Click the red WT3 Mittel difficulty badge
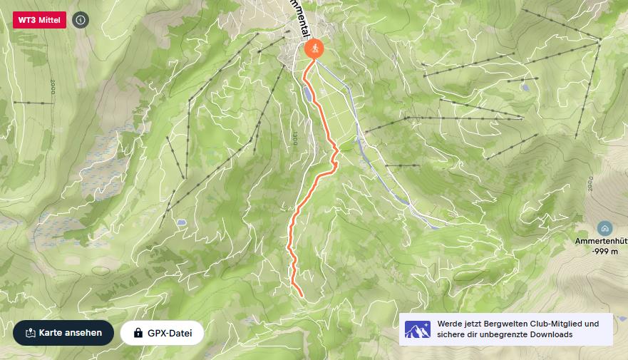(x=40, y=20)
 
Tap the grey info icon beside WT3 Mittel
(x=81, y=20)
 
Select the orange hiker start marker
(x=314, y=48)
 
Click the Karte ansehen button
(x=63, y=332)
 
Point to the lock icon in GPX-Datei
(x=138, y=333)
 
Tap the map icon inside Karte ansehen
(x=30, y=333)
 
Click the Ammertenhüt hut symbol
(x=604, y=228)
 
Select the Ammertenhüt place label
(x=601, y=241)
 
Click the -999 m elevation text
(x=604, y=251)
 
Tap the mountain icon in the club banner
(x=417, y=329)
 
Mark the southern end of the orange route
(x=302, y=294)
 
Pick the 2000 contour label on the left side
(x=53, y=88)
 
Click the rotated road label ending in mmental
(x=300, y=17)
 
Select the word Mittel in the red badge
(x=48, y=20)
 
